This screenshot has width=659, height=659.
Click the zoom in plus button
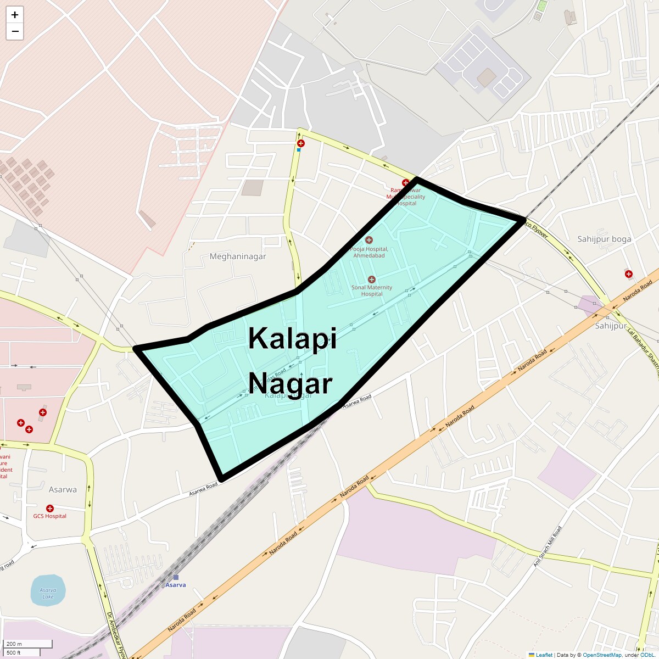(x=15, y=15)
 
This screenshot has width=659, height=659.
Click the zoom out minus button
(x=15, y=31)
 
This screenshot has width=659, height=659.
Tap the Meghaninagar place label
(x=238, y=256)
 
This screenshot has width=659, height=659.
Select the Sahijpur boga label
(x=604, y=239)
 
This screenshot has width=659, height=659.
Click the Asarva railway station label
(x=176, y=584)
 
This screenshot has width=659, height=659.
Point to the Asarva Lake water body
(x=48, y=590)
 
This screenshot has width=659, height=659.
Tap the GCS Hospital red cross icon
(x=50, y=509)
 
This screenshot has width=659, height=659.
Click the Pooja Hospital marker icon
(x=369, y=240)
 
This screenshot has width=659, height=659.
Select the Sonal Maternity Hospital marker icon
(x=372, y=280)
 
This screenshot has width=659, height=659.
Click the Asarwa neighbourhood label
(x=63, y=489)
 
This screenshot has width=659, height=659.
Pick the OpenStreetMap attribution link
(x=602, y=655)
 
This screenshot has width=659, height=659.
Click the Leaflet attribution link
(x=544, y=655)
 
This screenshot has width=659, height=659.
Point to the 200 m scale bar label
(x=15, y=644)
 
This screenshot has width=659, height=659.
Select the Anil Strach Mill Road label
(x=548, y=546)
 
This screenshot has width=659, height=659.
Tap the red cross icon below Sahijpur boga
(x=628, y=274)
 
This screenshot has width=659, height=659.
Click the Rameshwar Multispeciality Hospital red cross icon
(x=406, y=183)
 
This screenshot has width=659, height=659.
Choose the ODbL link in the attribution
(x=647, y=655)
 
